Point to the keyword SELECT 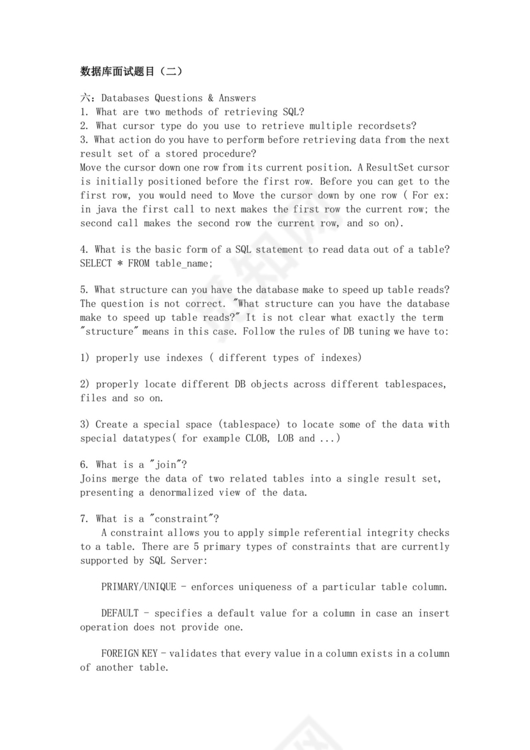click(96, 263)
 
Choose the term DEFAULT click(119, 613)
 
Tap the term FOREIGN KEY click(131, 654)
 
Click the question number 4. click(83, 250)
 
